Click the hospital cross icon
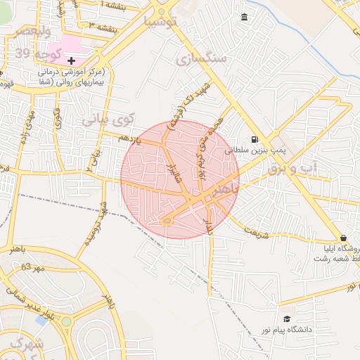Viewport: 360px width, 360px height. tap(71, 60)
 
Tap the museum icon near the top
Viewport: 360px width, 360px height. tap(244, 18)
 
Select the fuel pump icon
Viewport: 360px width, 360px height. tap(254, 139)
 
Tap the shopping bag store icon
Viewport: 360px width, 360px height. tap(343, 238)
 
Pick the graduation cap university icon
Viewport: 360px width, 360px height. tap(286, 319)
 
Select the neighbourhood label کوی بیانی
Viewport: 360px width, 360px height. tap(108, 120)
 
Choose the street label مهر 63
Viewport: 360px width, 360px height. tap(32, 267)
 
